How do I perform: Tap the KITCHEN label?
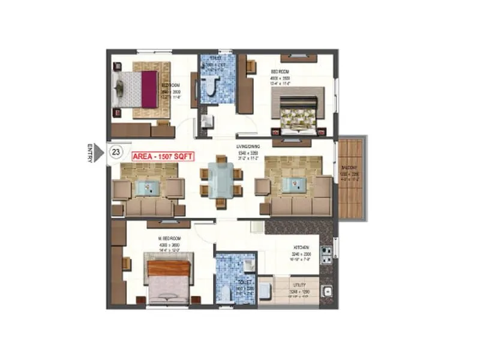301,248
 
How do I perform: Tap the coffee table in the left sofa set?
148,188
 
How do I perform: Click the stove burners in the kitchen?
327,255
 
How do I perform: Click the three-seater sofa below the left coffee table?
148,208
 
